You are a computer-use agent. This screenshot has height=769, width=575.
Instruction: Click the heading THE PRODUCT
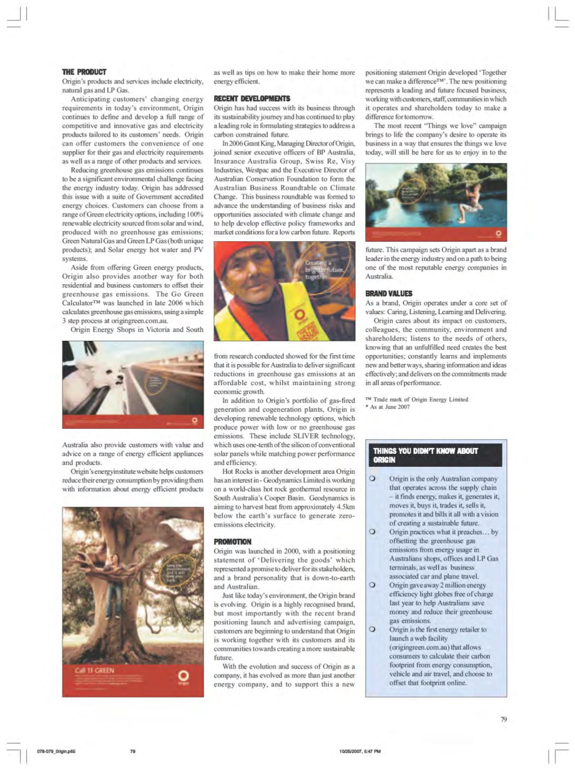click(x=84, y=72)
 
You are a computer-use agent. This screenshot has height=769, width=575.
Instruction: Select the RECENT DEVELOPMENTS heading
click(x=252, y=99)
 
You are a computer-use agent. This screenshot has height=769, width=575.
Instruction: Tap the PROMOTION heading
click(x=233, y=542)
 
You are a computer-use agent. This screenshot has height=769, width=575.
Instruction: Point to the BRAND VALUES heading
click(x=389, y=294)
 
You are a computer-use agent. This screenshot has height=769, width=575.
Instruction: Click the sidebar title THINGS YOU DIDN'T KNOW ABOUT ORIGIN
click(x=425, y=455)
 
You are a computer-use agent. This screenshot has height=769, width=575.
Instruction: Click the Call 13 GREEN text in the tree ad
click(x=95, y=671)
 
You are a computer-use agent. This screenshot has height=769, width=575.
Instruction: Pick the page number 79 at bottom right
click(x=504, y=719)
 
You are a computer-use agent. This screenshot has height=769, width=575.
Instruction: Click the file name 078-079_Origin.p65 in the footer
click(x=56, y=751)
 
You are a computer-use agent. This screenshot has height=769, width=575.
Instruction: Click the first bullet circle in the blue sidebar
click(x=373, y=479)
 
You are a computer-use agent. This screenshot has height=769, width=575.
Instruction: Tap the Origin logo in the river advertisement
click(x=498, y=233)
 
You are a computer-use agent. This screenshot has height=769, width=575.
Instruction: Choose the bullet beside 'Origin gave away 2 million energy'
click(x=373, y=585)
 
